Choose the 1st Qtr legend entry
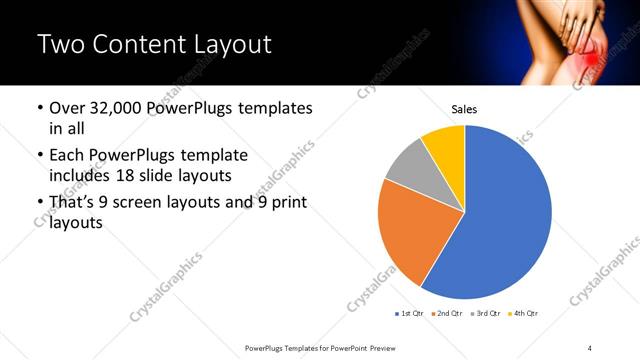coord(410,314)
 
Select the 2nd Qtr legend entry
coord(448,314)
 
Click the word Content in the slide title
coord(139,44)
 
